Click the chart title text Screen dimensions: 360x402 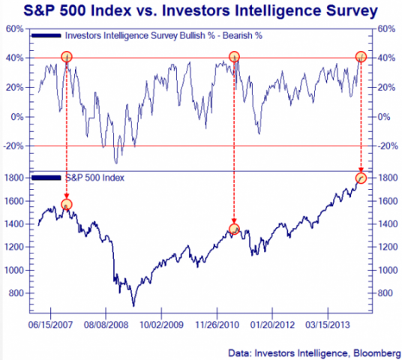pyautogui.click(x=201, y=12)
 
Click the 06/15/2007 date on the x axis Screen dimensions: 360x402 pyautogui.click(x=51, y=328)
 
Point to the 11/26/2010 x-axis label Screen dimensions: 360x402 pyautogui.click(x=217, y=328)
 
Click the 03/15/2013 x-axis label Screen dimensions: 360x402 pyautogui.click(x=327, y=328)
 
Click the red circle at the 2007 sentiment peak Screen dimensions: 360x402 pyautogui.click(x=67, y=57)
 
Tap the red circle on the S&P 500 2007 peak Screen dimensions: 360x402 pyautogui.click(x=67, y=205)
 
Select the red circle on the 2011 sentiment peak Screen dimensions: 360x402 pyautogui.click(x=234, y=57)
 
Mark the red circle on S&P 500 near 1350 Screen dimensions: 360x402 pyautogui.click(x=234, y=229)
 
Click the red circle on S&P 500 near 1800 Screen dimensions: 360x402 pyautogui.click(x=361, y=178)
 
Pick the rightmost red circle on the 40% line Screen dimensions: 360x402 pyautogui.click(x=361, y=57)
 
